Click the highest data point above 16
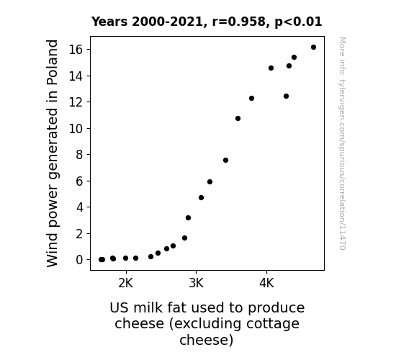[313, 48]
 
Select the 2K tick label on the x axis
[126, 283]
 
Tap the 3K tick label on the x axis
[196, 283]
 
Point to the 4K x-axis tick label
[266, 283]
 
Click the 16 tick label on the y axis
[76, 50]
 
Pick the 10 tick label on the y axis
[76, 129]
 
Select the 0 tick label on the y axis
[79, 260]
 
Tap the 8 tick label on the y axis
[79, 155]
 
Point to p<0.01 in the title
[298, 22]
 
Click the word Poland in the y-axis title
[52, 63]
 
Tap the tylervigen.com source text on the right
[342, 143]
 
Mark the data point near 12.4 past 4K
[287, 96]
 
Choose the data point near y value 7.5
[225, 161]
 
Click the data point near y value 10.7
[238, 118]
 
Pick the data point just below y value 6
[210, 181]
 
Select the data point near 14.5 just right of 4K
[271, 68]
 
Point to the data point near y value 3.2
[188, 218]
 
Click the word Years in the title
[109, 22]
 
